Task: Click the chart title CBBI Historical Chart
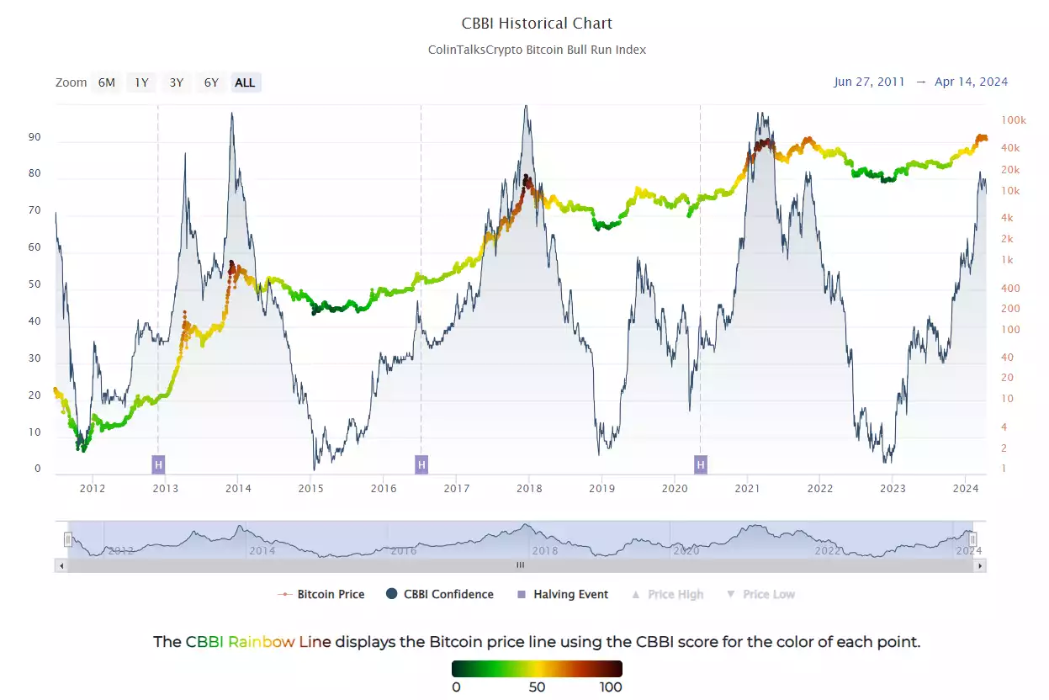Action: coord(537,24)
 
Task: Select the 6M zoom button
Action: coord(106,82)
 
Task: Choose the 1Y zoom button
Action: coord(141,82)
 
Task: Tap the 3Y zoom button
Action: coord(176,82)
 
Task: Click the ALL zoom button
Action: coord(245,82)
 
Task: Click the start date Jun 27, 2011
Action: coord(869,82)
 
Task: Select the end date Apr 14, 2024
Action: coord(971,82)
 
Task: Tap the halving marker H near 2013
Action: coord(158,464)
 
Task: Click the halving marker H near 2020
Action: coord(700,464)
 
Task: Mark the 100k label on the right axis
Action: coord(1014,120)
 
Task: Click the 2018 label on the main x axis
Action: coord(528,488)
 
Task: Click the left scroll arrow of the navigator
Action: coord(61,566)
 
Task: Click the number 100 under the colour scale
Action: coord(610,687)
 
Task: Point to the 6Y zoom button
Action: coord(210,82)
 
